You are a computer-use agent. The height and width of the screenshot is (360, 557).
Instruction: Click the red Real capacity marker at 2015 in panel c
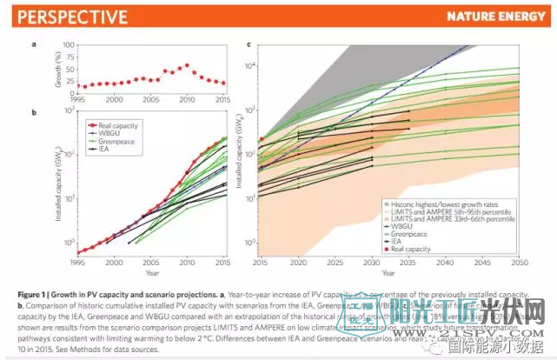tap(262, 139)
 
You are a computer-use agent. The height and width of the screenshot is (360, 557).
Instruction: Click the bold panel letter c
tap(250, 43)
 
